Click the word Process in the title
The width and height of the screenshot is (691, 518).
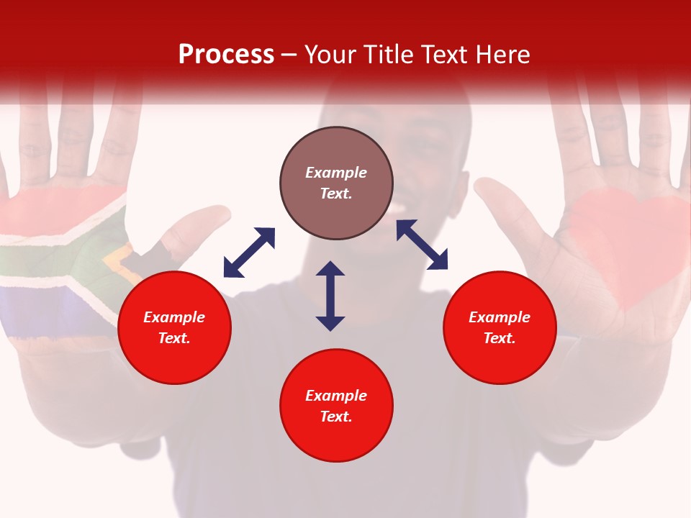click(226, 55)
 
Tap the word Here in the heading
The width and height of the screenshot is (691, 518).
click(501, 55)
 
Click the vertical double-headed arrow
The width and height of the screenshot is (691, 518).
click(330, 296)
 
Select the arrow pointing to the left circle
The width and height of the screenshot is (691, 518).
click(249, 253)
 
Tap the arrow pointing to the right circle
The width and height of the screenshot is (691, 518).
click(422, 245)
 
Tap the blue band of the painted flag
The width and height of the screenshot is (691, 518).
click(43, 309)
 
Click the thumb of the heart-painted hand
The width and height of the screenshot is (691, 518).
click(504, 216)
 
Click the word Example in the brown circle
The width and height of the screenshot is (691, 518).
click(336, 173)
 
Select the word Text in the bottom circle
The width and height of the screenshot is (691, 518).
click(335, 417)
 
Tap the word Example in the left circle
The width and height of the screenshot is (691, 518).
click(174, 317)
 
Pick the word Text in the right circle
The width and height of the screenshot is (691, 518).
click(498, 338)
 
